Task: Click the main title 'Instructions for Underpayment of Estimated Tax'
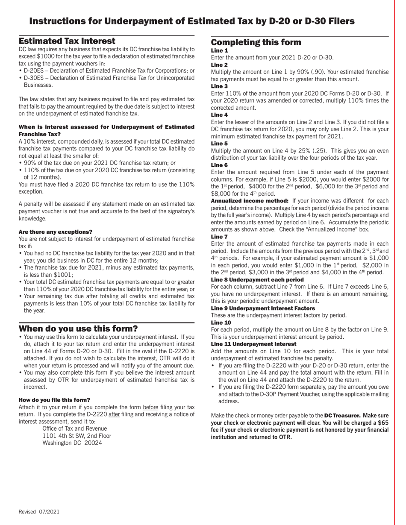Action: (192, 21)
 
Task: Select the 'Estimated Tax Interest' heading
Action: (67, 41)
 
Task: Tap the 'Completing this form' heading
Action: (256, 42)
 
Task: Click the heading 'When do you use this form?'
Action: (78, 328)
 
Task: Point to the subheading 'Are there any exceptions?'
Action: (55, 232)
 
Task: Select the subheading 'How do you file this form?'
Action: (54, 400)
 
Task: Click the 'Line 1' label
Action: (220, 50)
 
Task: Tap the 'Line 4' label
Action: (220, 115)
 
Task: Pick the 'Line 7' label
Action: (220, 237)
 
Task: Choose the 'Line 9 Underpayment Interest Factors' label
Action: (263, 308)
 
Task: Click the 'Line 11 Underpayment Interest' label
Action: (253, 344)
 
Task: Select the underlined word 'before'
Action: (151, 407)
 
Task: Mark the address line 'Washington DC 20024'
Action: (72, 443)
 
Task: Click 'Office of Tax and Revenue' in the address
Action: (75, 428)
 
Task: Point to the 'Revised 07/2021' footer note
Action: (39, 512)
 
